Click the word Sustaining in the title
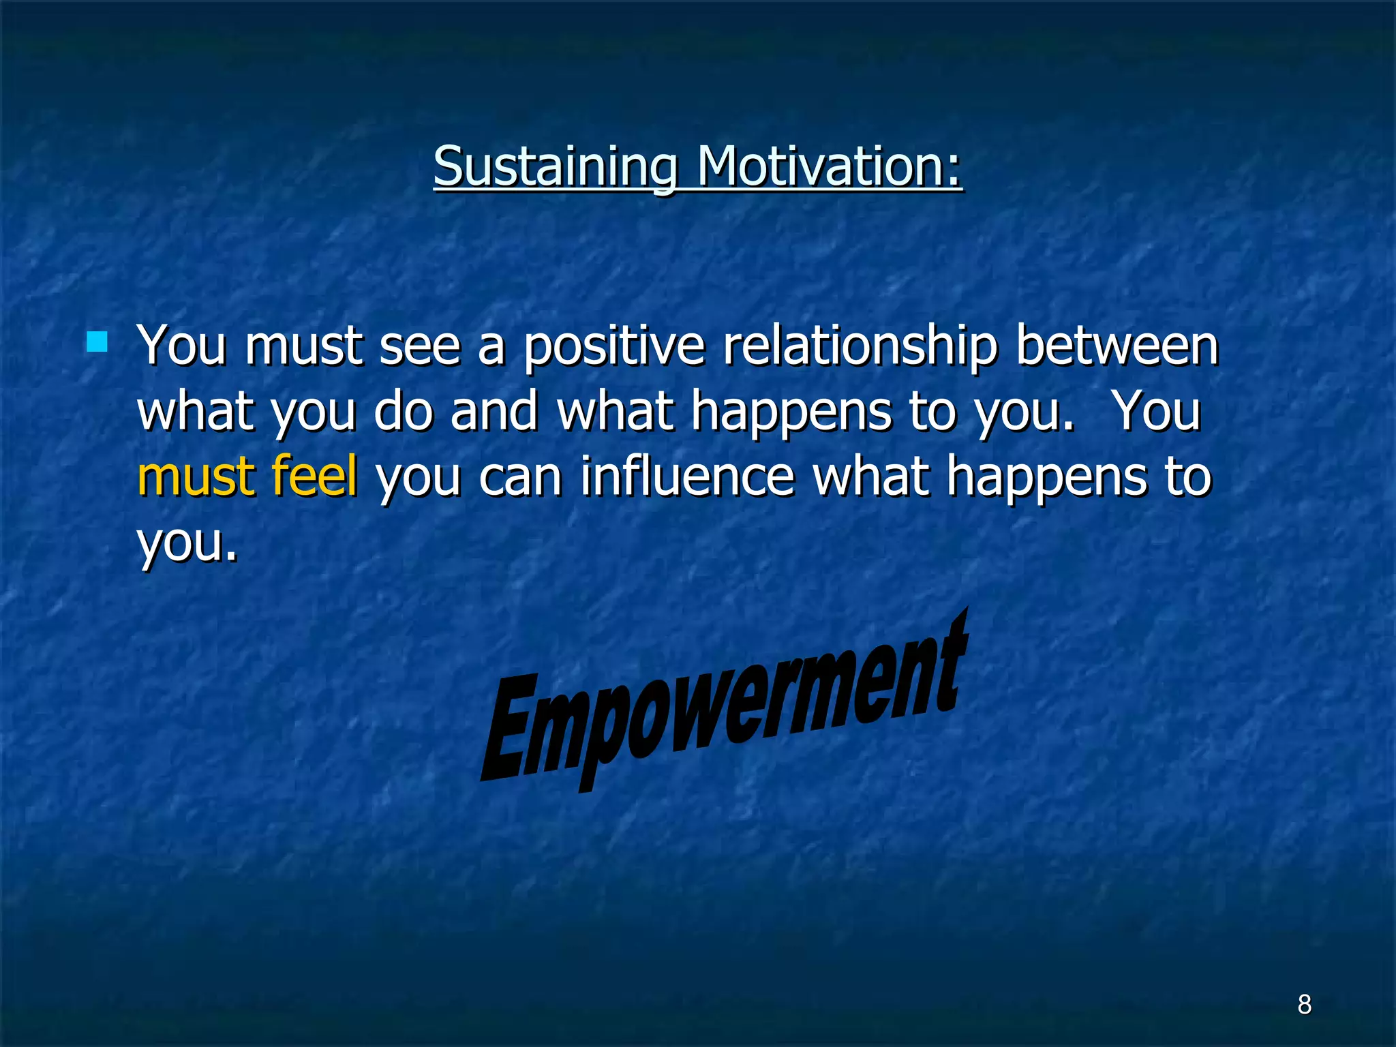tap(555, 167)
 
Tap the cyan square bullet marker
tap(97, 342)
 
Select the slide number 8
tap(1304, 1004)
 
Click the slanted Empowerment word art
tap(723, 709)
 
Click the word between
tap(1117, 345)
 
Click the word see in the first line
tap(420, 346)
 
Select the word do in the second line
tap(404, 410)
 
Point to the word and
tap(494, 410)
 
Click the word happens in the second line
tap(791, 410)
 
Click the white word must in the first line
tap(303, 346)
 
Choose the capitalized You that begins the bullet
tap(181, 345)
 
